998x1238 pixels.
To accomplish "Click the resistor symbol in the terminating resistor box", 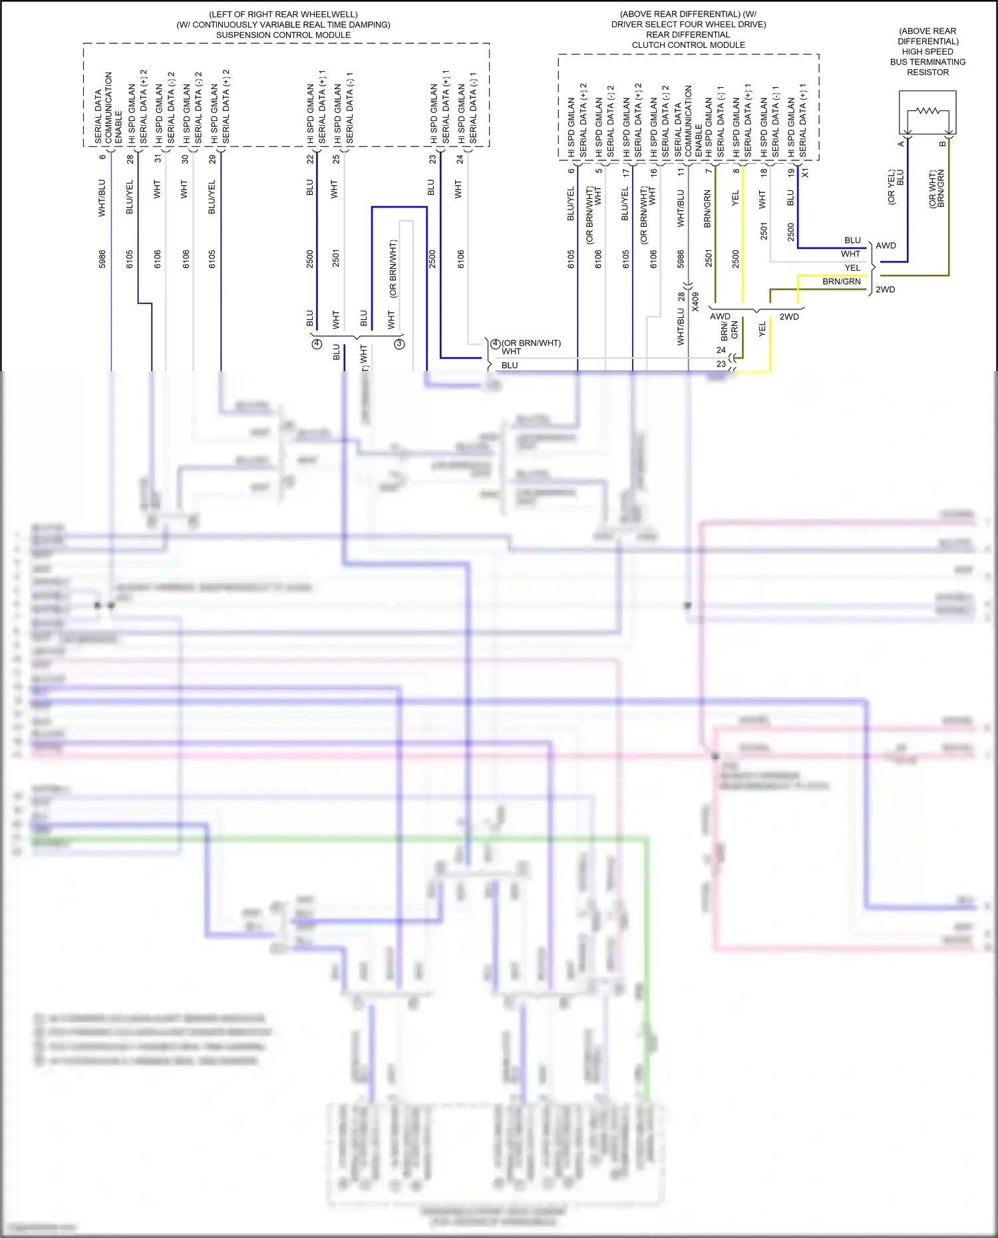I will click(x=928, y=110).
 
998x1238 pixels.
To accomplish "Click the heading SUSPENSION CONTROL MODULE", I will click(x=283, y=35).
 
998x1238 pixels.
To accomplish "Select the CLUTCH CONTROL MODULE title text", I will click(x=688, y=45).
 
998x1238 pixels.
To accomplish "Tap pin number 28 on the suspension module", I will click(x=130, y=159).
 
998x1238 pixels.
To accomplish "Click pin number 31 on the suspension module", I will click(x=158, y=159).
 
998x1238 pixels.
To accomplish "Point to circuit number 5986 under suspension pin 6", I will click(x=102, y=259).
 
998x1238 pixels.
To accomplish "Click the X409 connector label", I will click(x=695, y=301).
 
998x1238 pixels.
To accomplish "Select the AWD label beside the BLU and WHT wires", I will click(x=886, y=245).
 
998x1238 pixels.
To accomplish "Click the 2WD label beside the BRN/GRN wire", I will click(x=885, y=289).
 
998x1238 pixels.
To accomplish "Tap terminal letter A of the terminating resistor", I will click(x=902, y=144).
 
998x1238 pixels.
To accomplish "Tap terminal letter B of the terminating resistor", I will click(x=942, y=144).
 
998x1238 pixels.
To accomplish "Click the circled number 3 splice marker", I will click(x=399, y=344).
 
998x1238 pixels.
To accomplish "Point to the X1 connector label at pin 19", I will click(x=806, y=172).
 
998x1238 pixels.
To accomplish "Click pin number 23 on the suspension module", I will click(x=432, y=159).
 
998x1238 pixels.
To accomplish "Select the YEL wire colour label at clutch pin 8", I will click(x=735, y=198).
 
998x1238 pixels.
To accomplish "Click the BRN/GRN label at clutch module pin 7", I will click(x=707, y=209).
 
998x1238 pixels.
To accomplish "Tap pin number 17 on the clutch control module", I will click(x=625, y=172).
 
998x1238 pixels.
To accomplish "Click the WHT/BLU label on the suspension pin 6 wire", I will click(x=102, y=198).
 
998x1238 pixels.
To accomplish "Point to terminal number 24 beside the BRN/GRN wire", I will click(x=721, y=350).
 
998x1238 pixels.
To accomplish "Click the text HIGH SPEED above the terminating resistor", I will click(x=927, y=52).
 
